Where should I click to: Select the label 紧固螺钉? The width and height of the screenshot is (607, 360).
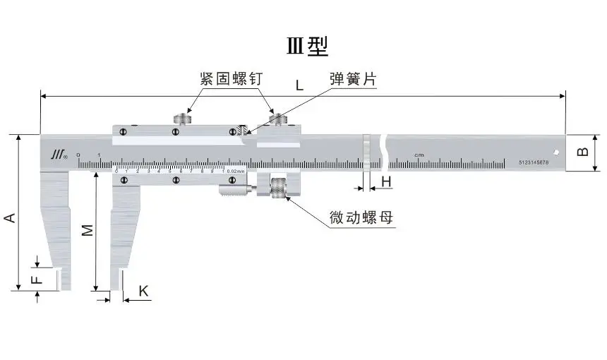(x=231, y=79)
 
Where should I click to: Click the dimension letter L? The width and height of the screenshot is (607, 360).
(x=299, y=85)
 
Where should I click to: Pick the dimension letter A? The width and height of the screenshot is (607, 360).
(x=10, y=218)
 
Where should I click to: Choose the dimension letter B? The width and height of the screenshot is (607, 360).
(x=583, y=152)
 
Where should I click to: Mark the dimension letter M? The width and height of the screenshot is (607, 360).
(x=86, y=229)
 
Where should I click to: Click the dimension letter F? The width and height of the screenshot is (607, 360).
(x=38, y=278)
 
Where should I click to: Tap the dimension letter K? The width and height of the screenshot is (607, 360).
(x=143, y=291)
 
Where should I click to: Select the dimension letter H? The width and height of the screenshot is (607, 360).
(x=386, y=182)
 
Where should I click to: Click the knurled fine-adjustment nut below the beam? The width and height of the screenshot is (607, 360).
(x=279, y=188)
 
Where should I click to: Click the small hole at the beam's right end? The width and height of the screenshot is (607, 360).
(x=556, y=150)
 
